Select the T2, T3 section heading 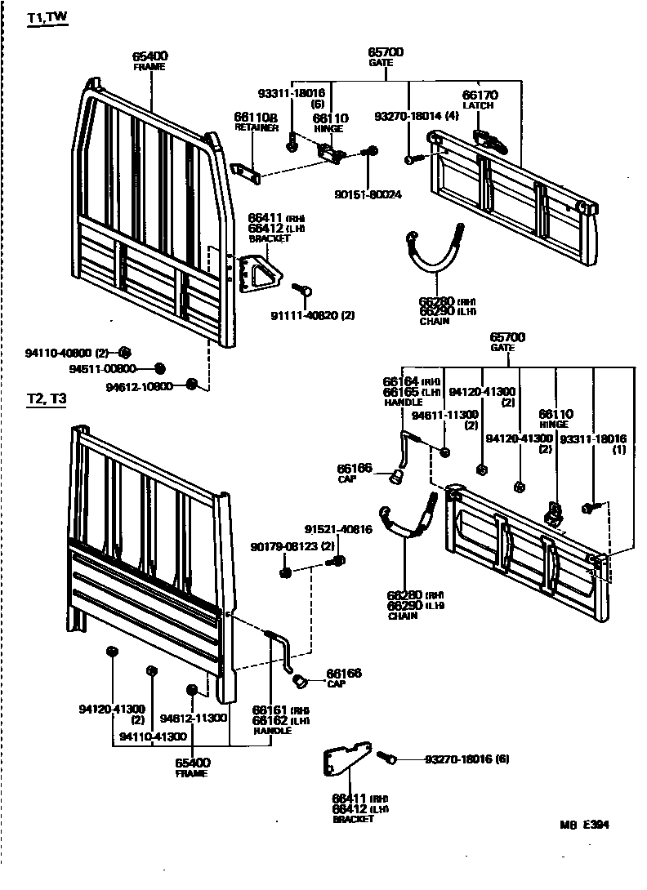[47, 399]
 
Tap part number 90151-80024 [368, 194]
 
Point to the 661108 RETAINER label [256, 122]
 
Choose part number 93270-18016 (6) [466, 759]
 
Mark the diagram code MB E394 [584, 825]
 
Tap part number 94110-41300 [153, 736]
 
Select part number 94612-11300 [193, 719]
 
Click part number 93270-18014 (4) [417, 117]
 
